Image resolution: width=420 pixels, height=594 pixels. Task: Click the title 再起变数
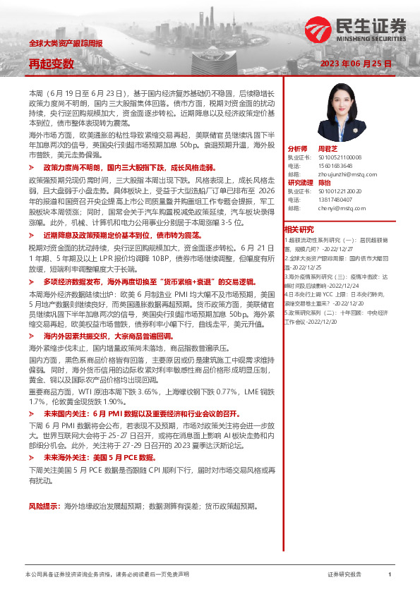click(51, 63)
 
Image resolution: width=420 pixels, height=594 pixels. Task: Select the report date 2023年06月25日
click(356, 63)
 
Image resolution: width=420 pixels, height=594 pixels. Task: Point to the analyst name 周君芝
click(329, 150)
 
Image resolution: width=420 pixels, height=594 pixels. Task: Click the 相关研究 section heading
click(299, 229)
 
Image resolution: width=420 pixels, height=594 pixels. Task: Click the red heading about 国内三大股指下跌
click(118, 169)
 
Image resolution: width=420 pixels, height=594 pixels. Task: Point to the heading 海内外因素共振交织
click(104, 337)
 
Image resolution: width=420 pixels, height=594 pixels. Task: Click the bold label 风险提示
click(44, 506)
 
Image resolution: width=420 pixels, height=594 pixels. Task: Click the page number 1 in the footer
click(390, 575)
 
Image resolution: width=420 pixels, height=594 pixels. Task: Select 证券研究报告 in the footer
click(344, 575)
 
